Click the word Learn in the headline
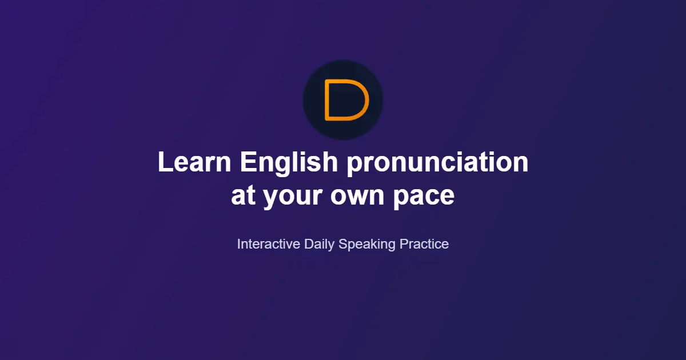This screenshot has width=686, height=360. click(194, 162)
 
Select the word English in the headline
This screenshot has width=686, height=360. click(289, 164)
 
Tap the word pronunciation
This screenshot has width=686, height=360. click(438, 164)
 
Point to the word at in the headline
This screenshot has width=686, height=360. click(243, 195)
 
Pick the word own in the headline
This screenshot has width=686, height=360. click(357, 196)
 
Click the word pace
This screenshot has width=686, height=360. click(424, 198)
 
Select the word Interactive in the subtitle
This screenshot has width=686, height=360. click(269, 244)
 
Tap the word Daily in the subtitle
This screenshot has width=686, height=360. click(319, 245)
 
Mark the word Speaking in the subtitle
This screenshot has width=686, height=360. click(367, 245)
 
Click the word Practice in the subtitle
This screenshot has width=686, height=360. click(424, 244)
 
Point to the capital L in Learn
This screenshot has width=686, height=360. click(165, 162)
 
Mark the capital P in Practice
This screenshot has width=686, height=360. click(404, 244)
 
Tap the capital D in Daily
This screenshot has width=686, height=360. click(309, 244)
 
